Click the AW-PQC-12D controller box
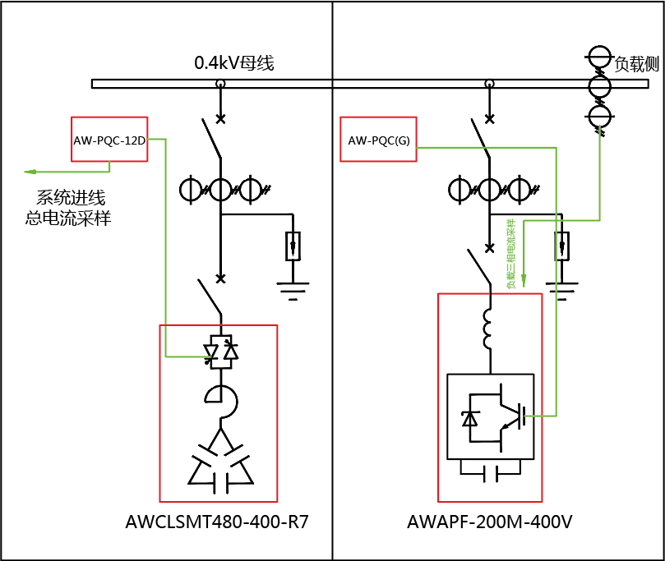click(109, 140)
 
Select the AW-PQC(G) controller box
click(379, 140)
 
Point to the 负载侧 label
click(637, 65)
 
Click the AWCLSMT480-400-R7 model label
click(217, 522)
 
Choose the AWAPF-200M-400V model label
click(489, 522)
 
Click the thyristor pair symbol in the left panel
click(220, 351)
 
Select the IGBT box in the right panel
click(489, 416)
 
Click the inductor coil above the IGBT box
click(487, 329)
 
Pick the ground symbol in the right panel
click(562, 290)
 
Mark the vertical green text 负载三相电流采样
click(511, 255)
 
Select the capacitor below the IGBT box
click(490, 473)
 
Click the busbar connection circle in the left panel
click(220, 84)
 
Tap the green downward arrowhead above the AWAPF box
click(525, 283)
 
